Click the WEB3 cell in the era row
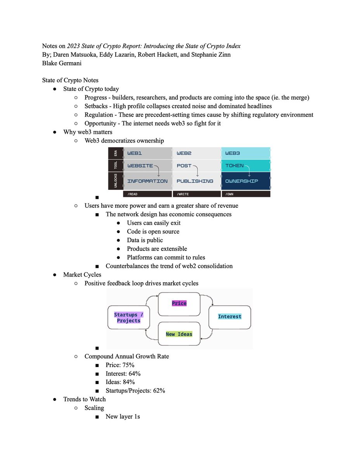click(246, 153)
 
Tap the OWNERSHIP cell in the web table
click(246, 181)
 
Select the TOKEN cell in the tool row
click(246, 166)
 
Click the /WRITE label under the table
click(196, 193)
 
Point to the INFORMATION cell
click(147, 181)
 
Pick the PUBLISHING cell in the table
click(196, 181)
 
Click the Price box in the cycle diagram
click(179, 303)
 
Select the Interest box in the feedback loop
click(230, 316)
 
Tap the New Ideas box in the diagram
click(179, 334)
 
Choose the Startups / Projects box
click(128, 318)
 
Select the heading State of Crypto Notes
click(70, 80)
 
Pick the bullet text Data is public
click(145, 240)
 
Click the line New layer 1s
click(123, 416)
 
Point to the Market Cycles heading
click(82, 275)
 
